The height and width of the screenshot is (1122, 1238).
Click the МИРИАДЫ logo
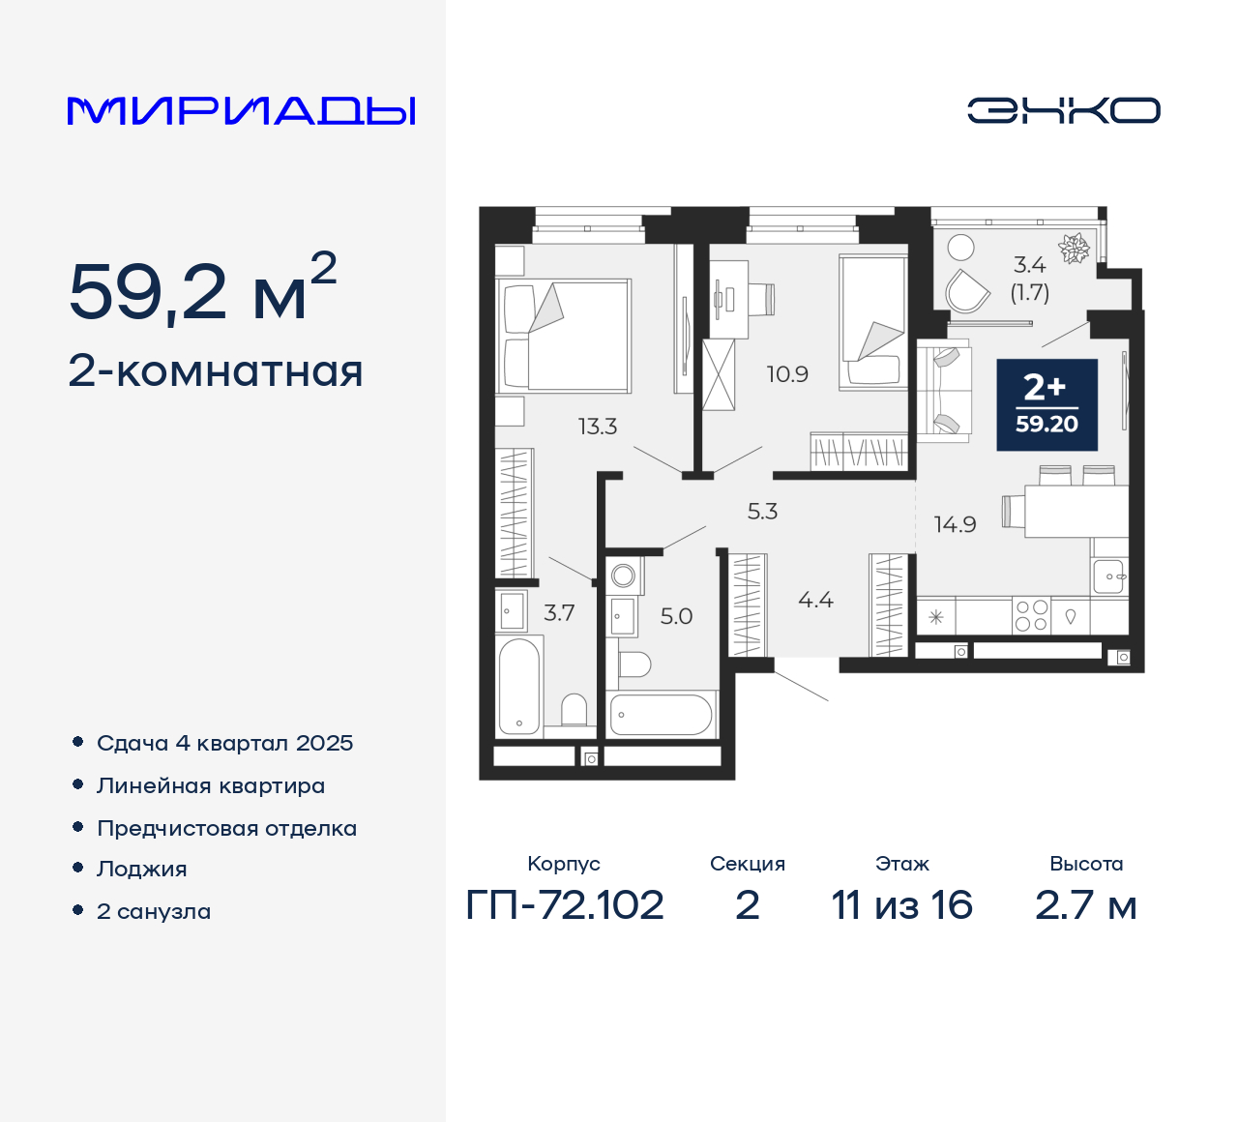[x=242, y=111]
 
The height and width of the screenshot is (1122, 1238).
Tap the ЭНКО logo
[x=1063, y=110]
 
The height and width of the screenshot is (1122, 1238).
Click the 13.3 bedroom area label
[x=597, y=426]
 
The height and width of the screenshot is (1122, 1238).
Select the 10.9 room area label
[x=787, y=374]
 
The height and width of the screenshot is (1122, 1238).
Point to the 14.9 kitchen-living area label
[x=955, y=524]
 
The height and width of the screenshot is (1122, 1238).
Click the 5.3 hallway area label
[x=762, y=511]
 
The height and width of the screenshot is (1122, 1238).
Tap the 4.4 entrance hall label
[x=815, y=600]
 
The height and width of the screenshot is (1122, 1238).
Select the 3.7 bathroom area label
[x=559, y=612]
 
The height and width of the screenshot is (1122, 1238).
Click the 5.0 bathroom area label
[x=676, y=616]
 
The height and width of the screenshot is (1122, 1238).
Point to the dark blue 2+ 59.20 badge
[x=1046, y=404]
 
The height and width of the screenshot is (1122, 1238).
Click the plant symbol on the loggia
[x=1074, y=249]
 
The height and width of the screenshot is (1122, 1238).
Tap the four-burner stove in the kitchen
[x=1031, y=615]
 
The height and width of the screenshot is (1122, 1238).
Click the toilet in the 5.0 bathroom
[x=634, y=664]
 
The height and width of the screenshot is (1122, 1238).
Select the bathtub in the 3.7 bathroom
[x=518, y=687]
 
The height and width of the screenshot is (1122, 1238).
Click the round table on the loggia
[x=960, y=248]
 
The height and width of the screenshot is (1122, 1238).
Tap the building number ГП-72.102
[x=565, y=905]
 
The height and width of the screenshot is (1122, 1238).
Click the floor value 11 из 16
[x=901, y=905]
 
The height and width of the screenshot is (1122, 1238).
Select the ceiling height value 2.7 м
[x=1085, y=905]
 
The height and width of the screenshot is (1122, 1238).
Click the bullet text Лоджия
[x=142, y=869]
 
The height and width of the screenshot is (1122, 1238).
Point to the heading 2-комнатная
[x=216, y=371]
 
